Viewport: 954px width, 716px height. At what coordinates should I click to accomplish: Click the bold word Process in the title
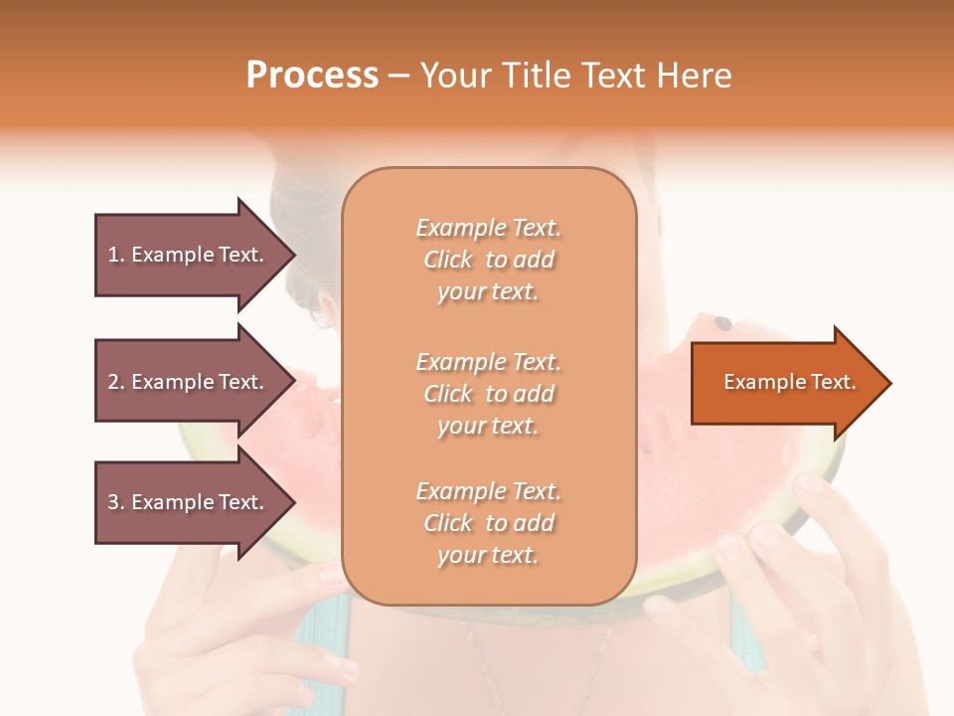pyautogui.click(x=312, y=76)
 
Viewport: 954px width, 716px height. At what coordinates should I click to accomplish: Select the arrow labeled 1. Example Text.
pyautogui.click(x=189, y=255)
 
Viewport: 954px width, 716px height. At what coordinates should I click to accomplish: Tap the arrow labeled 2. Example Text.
pyautogui.click(x=189, y=382)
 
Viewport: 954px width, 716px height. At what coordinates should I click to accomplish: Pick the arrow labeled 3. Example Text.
pyautogui.click(x=189, y=502)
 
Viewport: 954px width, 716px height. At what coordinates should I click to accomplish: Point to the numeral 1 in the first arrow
pyautogui.click(x=113, y=255)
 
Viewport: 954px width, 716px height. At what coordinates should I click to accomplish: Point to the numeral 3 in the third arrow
pyautogui.click(x=113, y=502)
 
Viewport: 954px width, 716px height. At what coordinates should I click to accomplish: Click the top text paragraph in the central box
pyautogui.click(x=488, y=260)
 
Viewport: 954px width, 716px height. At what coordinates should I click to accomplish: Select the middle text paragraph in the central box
pyautogui.click(x=488, y=394)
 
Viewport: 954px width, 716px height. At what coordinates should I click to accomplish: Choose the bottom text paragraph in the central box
pyautogui.click(x=488, y=523)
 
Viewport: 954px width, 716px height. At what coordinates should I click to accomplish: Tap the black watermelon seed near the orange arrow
pyautogui.click(x=723, y=323)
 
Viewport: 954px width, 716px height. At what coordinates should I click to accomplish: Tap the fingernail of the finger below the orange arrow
pyautogui.click(x=810, y=483)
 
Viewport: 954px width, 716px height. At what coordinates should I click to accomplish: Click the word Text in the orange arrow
pyautogui.click(x=835, y=382)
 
